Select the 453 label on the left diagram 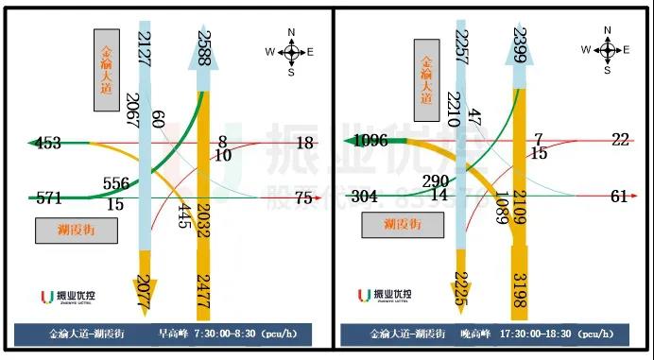48,144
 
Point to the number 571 49,198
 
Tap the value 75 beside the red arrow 303,197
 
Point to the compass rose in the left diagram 290,52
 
